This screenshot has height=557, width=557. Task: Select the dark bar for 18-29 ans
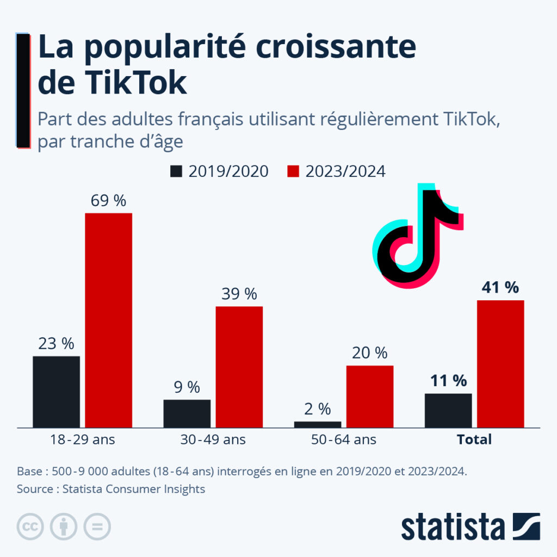click(x=56, y=392)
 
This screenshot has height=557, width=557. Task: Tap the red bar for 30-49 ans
click(x=239, y=367)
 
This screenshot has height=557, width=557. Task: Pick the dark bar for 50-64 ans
click(x=318, y=424)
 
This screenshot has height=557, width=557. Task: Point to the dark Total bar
click(x=448, y=410)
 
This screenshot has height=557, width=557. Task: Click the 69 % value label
click(x=109, y=201)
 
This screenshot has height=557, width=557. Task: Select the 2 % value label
click(x=318, y=409)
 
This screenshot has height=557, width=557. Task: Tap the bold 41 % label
click(x=500, y=288)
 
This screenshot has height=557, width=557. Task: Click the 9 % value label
click(x=187, y=387)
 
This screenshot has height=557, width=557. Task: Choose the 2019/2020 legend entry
click(x=219, y=171)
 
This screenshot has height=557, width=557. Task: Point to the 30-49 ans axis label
click(x=213, y=440)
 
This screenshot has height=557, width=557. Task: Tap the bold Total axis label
click(x=474, y=440)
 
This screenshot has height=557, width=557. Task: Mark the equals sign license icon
click(x=97, y=527)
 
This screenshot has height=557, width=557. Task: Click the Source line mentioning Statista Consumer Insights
click(x=111, y=489)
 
